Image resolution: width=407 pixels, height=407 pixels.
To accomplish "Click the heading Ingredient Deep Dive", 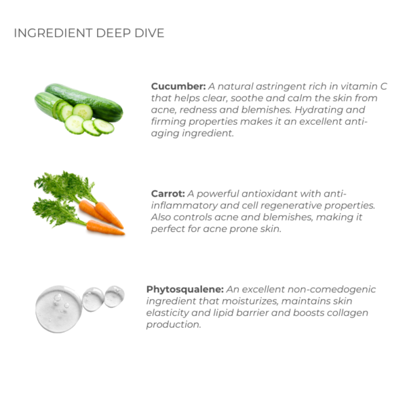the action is tap(89, 33).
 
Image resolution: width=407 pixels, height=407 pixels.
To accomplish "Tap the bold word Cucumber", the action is tap(178, 86).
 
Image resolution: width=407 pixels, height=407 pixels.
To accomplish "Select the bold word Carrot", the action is tap(168, 193).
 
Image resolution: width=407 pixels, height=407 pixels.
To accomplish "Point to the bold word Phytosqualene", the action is tap(185, 290).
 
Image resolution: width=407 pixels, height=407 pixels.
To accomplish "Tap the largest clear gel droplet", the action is tap(58, 309).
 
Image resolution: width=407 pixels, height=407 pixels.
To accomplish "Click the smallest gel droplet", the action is tap(114, 296).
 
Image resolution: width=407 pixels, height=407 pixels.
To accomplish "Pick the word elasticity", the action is tap(168, 313).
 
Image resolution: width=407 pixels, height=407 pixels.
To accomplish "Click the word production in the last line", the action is tap(174, 325).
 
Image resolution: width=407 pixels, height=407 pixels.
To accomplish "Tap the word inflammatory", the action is tap(184, 206).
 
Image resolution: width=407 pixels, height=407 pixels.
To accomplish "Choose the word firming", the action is tap(168, 121).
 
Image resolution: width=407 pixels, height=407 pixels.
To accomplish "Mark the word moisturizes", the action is tap(250, 301).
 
